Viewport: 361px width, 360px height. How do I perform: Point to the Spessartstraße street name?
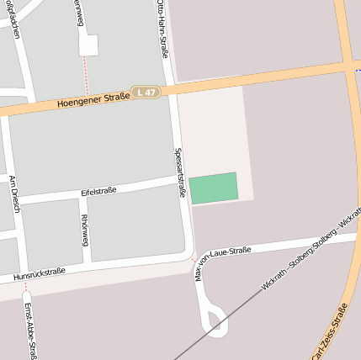click(179, 173)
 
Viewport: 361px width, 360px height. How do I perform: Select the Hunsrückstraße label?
click(39, 273)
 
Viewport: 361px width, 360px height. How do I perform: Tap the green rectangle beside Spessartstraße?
click(213, 188)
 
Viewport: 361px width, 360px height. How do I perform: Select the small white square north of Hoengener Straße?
click(88, 45)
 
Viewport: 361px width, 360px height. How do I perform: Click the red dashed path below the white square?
click(86, 74)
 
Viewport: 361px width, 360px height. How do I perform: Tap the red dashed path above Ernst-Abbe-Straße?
click(25, 288)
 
